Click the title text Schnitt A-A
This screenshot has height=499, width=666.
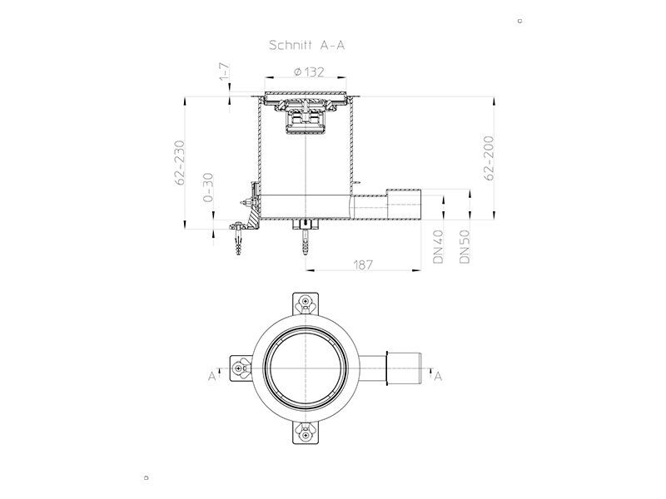point(306,46)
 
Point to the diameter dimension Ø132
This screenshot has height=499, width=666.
point(309,72)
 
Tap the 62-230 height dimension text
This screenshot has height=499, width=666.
point(180,162)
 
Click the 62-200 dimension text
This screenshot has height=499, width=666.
point(490,158)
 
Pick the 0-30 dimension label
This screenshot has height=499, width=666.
point(208,187)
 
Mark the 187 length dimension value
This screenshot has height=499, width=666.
point(363,264)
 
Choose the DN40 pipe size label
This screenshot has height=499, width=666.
point(439,246)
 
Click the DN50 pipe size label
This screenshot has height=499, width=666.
point(465,246)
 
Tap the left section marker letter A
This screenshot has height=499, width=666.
point(212,377)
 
